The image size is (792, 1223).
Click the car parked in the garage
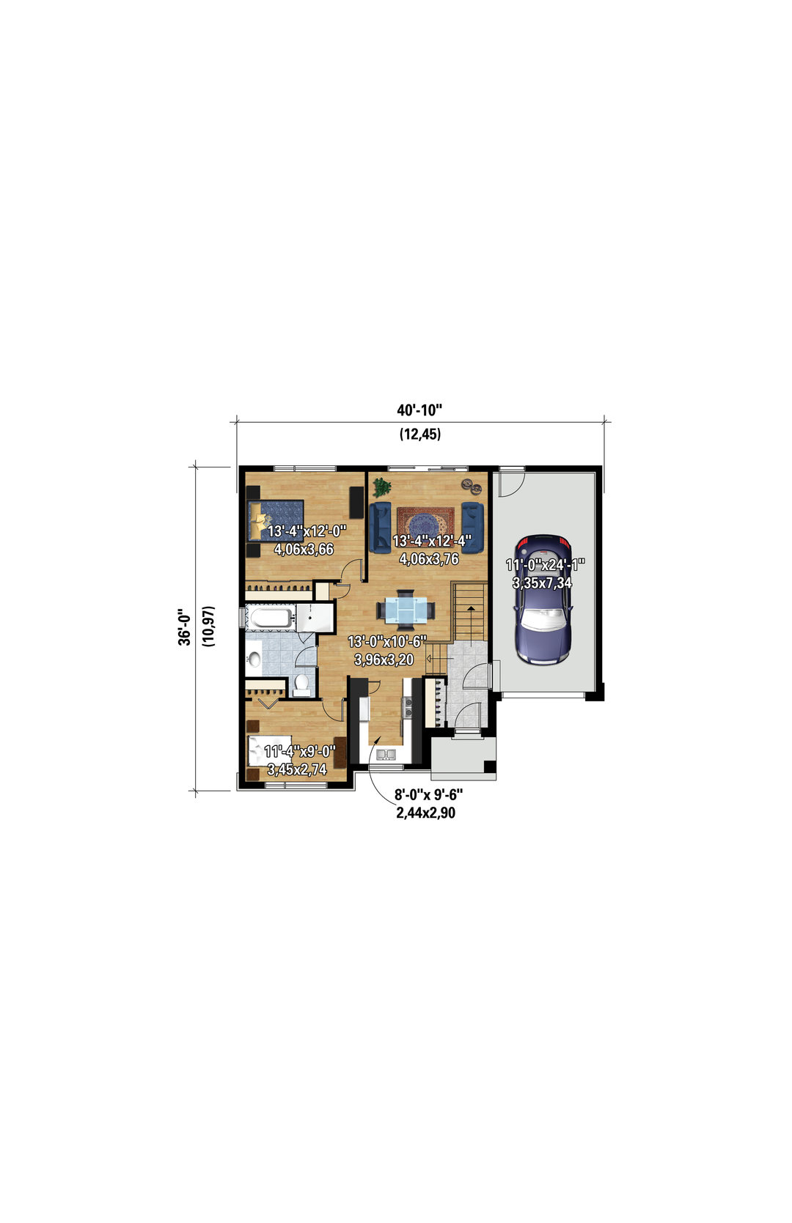[x=544, y=599]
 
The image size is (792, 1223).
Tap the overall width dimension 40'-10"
[x=419, y=410]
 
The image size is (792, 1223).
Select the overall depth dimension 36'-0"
[x=185, y=627]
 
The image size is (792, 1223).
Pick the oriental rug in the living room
[x=426, y=523]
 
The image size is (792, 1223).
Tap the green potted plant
[x=381, y=487]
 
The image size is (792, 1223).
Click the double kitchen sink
[x=385, y=754]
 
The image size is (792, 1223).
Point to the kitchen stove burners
[x=407, y=708]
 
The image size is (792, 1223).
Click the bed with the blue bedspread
[x=275, y=520]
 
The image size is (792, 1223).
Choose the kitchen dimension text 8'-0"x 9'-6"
[x=428, y=794]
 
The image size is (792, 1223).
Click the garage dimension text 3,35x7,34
[x=542, y=583]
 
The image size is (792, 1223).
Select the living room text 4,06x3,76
[x=428, y=559]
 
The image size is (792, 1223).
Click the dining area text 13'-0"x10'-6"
[x=386, y=641]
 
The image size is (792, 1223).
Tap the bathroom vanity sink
[x=254, y=659]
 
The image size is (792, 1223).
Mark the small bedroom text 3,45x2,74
[x=296, y=769]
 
